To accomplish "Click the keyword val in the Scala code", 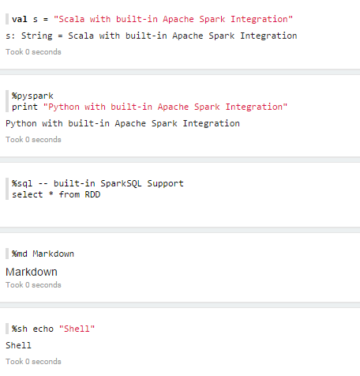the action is (x=20, y=19).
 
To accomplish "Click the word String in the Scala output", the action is (x=36, y=36).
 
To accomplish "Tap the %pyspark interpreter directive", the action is (x=32, y=96).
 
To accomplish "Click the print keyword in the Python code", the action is (x=24, y=107).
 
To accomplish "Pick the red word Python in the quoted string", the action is (x=64, y=107).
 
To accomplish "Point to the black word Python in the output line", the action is (x=21, y=124).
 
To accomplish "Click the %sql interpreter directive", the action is (x=22, y=183).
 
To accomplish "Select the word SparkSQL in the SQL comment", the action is (x=121, y=183).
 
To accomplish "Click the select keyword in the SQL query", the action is (x=27, y=194).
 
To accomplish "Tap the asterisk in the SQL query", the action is (x=51, y=194).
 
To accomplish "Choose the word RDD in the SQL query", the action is (x=92, y=194).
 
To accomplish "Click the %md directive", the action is (x=19, y=254).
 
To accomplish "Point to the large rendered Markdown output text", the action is (x=32, y=272).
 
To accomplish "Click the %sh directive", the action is (x=19, y=329).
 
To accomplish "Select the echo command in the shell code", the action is (x=43, y=329).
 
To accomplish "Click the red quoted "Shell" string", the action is (x=77, y=329).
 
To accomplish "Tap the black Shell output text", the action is (x=18, y=345).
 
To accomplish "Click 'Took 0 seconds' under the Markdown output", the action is (x=33, y=285).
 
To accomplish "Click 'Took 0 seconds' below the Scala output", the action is (x=33, y=52).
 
